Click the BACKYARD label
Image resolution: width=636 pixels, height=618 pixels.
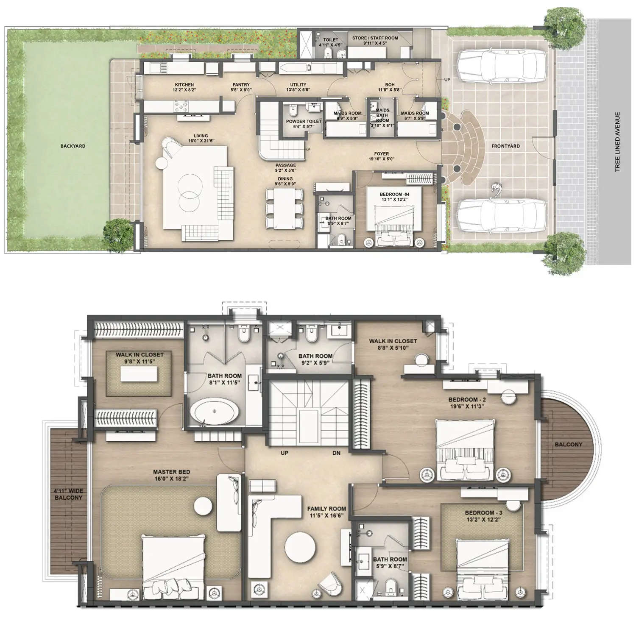(x=73, y=146)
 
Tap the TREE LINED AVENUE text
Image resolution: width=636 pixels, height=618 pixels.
(x=618, y=142)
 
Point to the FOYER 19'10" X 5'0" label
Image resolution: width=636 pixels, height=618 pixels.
(x=382, y=156)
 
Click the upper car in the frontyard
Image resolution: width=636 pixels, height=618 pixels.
(x=502, y=67)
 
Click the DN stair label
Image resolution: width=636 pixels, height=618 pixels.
(x=336, y=453)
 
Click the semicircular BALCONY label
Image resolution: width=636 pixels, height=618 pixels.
(x=568, y=445)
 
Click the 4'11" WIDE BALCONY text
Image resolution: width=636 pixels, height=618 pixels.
(x=69, y=494)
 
